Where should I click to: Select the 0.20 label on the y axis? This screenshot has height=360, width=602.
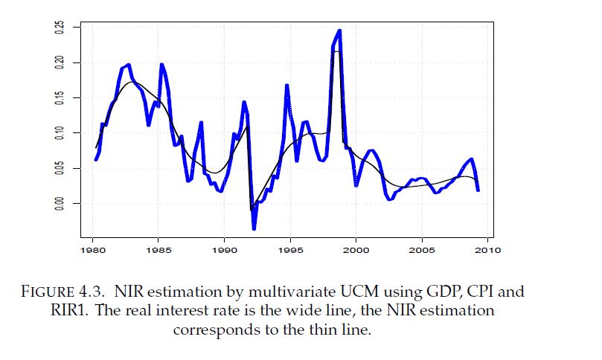click(x=59, y=62)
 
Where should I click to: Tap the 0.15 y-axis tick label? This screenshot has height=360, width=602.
click(x=59, y=97)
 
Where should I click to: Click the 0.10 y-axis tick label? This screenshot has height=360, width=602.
click(x=59, y=132)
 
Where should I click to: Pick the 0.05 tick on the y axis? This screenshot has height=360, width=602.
click(x=59, y=168)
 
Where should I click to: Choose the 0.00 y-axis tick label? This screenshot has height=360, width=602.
click(x=59, y=203)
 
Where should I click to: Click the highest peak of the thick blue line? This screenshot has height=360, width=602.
click(x=339, y=30)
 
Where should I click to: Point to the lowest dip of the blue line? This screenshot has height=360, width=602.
click(x=254, y=228)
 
